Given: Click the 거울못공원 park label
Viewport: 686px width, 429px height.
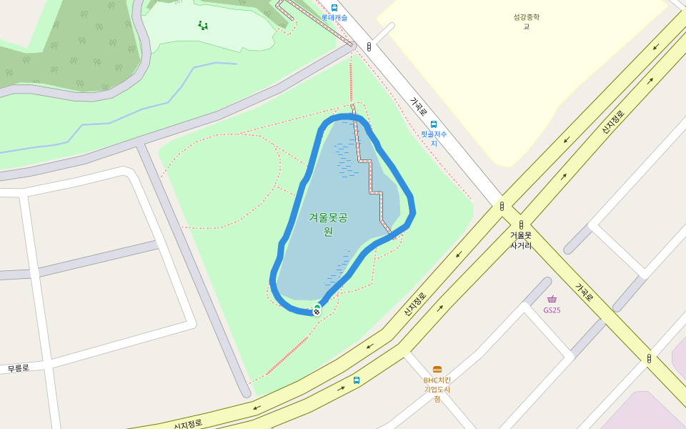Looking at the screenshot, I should (328, 224).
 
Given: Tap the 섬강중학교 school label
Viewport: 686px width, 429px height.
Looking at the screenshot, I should (526, 21).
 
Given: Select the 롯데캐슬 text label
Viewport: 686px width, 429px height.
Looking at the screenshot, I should (334, 17).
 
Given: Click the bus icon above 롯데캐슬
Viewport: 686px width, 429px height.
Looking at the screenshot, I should (334, 8).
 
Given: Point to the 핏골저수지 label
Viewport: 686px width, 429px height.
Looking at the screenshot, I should (433, 138).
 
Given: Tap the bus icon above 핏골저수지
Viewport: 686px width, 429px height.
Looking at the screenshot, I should (433, 124).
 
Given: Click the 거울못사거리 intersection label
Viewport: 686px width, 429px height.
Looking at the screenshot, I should (520, 240).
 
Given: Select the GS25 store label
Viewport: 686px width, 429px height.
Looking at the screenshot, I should (552, 310).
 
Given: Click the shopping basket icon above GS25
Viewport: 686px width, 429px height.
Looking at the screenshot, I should (552, 300).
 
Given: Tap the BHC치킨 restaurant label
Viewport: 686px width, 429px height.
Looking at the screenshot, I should (437, 389).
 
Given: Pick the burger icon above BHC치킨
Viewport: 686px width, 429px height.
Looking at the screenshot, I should (437, 370).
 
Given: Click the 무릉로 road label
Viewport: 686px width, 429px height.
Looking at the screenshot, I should (18, 368).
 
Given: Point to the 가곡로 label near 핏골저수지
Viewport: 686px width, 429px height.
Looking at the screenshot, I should (418, 107).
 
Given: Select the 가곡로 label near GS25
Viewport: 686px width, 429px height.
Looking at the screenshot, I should (585, 292).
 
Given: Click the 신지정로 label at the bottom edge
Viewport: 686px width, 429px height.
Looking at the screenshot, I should (188, 423).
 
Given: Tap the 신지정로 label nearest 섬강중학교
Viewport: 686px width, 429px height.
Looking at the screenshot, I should (612, 122).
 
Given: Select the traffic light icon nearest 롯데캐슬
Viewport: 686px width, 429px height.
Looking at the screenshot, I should (369, 46).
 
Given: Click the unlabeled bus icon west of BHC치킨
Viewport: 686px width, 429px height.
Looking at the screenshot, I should (357, 380).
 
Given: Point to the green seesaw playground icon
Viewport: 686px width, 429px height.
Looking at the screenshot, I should (203, 26).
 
